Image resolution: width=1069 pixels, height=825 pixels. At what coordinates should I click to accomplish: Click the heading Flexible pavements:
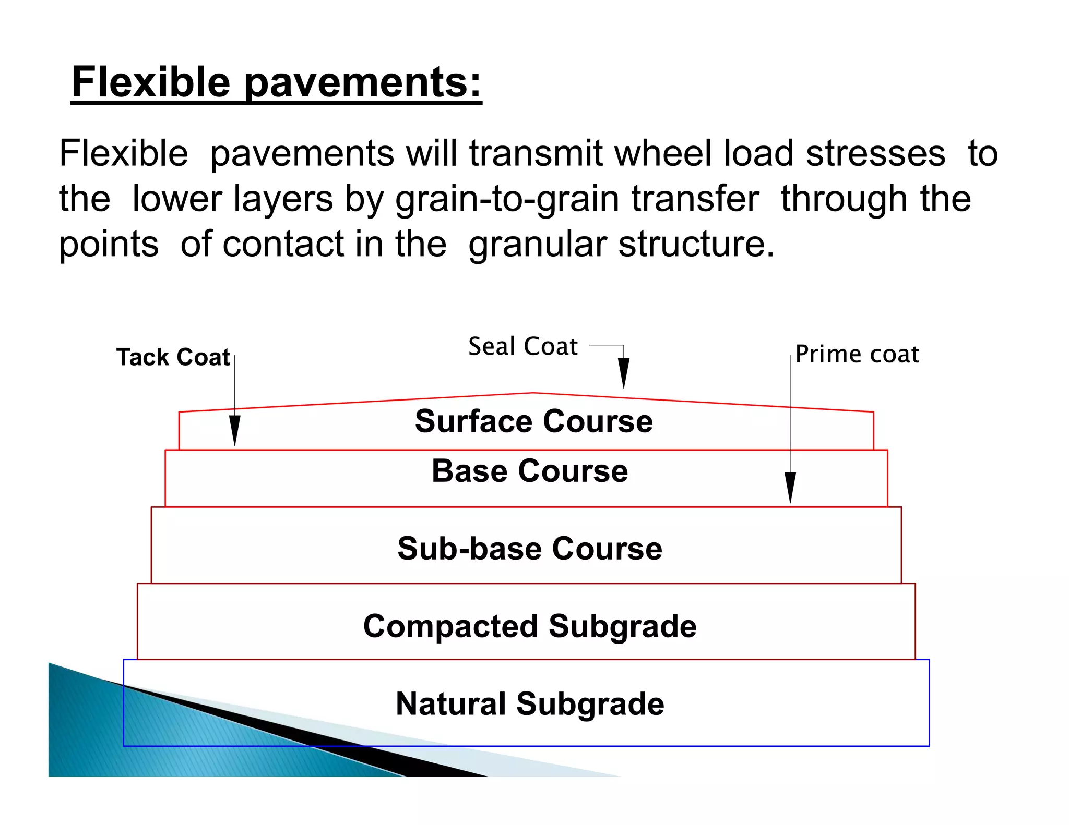(276, 82)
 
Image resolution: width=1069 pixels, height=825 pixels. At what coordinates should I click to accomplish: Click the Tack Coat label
(173, 357)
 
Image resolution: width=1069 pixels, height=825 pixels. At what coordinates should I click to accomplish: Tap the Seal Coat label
(522, 346)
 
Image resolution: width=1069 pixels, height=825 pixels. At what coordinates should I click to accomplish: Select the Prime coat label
(857, 354)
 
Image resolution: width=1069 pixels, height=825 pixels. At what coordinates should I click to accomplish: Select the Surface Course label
(533, 421)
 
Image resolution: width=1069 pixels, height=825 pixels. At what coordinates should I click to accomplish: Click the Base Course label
(529, 471)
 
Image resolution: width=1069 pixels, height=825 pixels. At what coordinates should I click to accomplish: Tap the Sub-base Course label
(529, 548)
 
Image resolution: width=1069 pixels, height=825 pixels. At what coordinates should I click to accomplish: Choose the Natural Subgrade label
(529, 703)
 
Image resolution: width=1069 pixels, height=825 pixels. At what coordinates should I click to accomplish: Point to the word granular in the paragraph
(537, 245)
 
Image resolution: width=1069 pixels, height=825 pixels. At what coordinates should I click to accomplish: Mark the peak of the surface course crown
(532, 393)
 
